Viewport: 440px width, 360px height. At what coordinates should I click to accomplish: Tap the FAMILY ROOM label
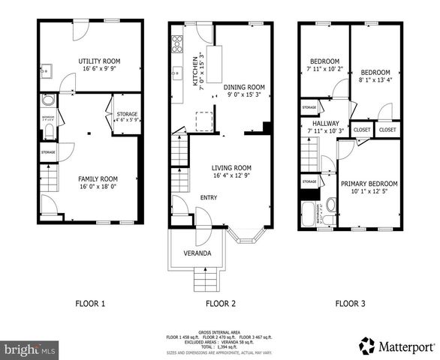click(98, 178)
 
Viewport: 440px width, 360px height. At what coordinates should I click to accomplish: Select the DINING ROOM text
click(247, 88)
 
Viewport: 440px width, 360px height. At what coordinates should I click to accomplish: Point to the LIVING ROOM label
click(231, 168)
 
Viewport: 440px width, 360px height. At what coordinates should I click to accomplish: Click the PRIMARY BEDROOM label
click(369, 184)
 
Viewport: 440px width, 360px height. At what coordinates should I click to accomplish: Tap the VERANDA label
click(197, 253)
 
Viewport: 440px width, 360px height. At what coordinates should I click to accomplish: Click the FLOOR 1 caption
click(90, 304)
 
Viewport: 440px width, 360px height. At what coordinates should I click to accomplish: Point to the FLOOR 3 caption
click(351, 304)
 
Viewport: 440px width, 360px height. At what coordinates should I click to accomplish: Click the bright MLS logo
click(30, 349)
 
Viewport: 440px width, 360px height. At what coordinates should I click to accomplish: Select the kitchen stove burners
click(177, 42)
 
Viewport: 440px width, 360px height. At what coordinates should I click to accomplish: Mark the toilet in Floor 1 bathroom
click(47, 132)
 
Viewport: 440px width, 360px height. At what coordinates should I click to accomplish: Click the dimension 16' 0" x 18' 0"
click(98, 187)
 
